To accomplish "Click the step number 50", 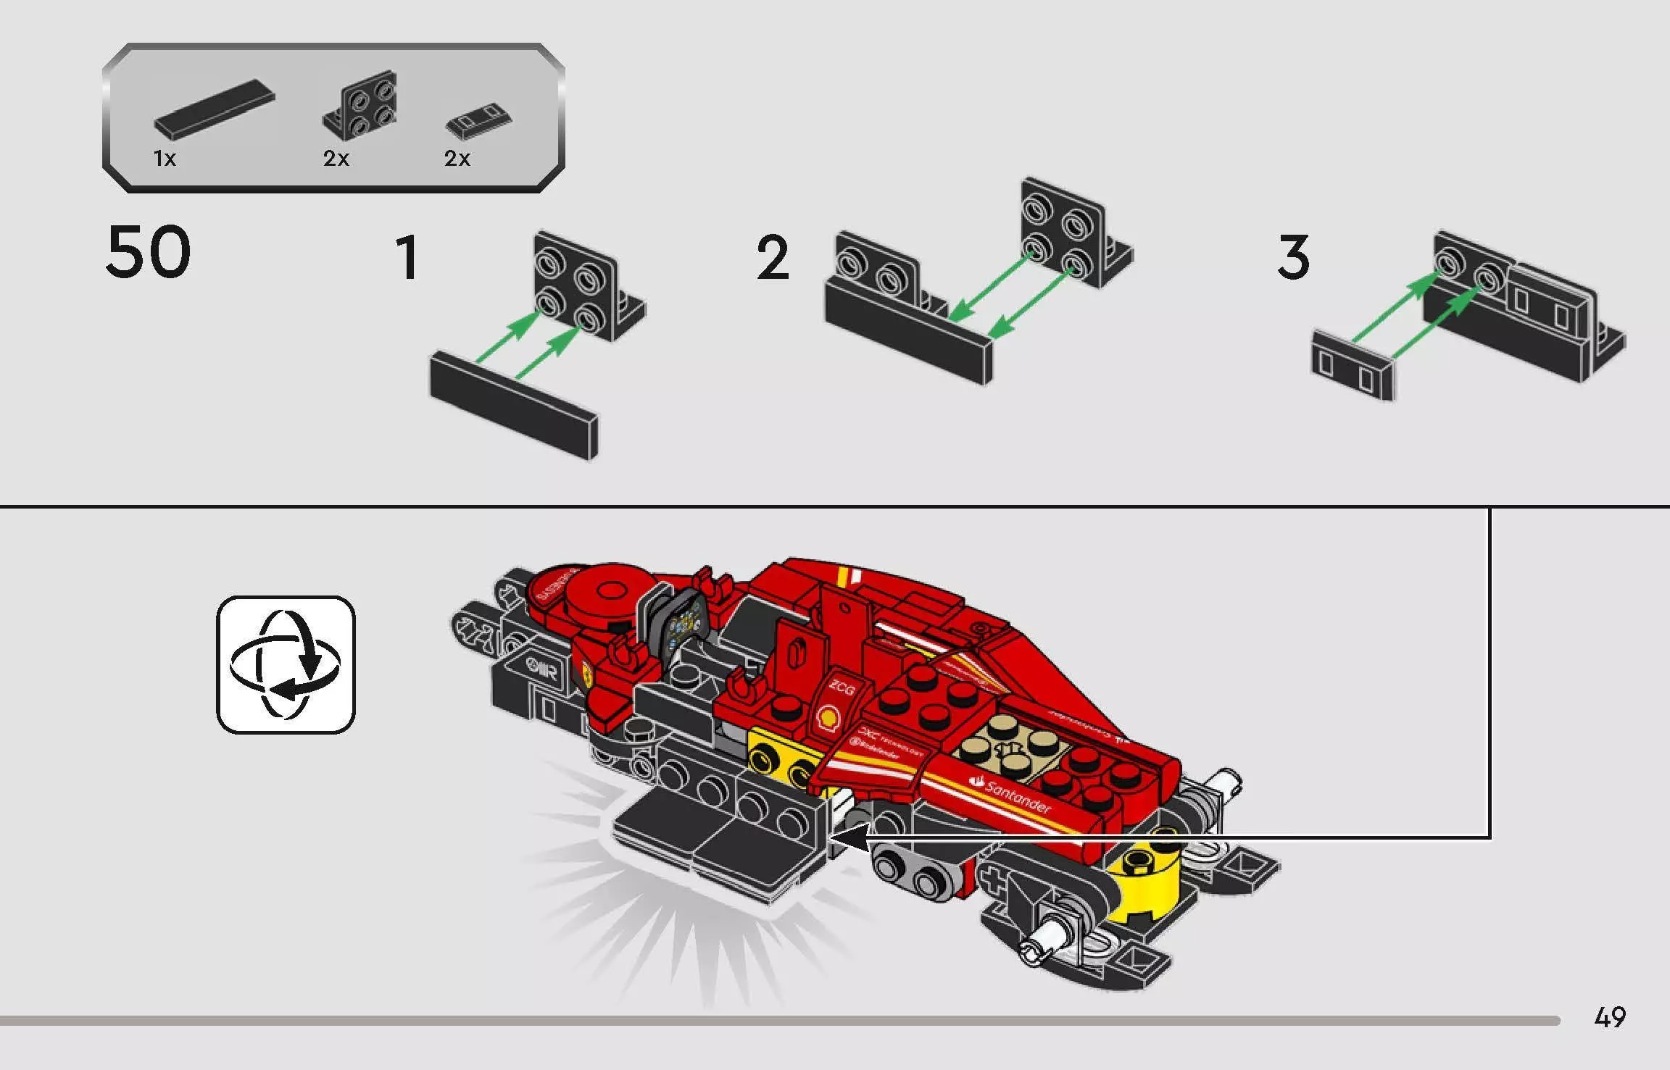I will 149,252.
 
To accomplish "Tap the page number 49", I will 1610,1017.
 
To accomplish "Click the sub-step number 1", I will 407,257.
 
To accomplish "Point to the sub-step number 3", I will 1294,257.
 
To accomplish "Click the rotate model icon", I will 286,664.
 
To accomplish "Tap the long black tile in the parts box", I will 215,109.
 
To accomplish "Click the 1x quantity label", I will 165,158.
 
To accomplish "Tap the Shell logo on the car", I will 827,716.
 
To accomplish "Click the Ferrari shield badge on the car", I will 586,674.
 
